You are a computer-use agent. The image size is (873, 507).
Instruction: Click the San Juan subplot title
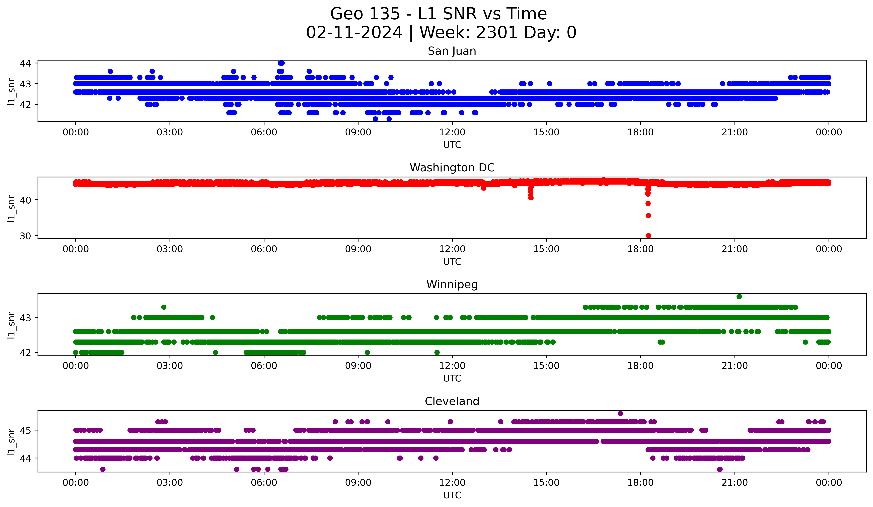(452, 51)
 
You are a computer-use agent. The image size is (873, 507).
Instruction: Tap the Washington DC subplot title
(452, 168)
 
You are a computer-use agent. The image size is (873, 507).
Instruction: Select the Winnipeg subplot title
(452, 285)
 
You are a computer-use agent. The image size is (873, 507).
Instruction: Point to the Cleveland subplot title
(452, 401)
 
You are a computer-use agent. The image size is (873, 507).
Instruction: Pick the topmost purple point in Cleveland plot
(620, 413)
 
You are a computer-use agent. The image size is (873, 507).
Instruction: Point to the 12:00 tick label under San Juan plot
(452, 132)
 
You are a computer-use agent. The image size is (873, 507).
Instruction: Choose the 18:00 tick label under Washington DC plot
(640, 249)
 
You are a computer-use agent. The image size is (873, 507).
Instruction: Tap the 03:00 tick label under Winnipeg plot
(170, 366)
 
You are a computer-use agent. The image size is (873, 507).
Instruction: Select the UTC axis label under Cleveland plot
(452, 495)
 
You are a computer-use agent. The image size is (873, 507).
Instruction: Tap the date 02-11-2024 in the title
(354, 33)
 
